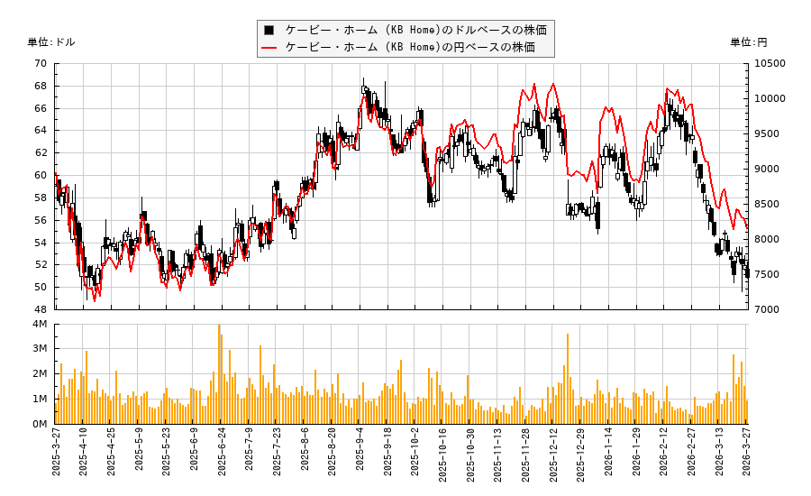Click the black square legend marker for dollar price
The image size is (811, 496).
269,30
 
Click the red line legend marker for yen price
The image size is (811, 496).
269,48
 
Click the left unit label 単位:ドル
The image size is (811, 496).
51,42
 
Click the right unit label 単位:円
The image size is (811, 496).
749,42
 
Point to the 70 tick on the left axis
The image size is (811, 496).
41,64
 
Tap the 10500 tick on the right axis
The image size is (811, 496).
770,64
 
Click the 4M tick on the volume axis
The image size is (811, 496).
39,325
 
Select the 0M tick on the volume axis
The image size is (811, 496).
39,424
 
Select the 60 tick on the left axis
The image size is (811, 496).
41,176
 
